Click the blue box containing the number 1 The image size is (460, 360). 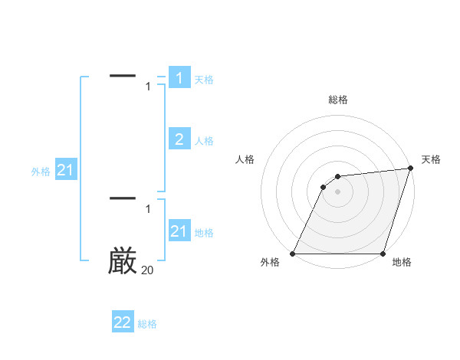point(179,78)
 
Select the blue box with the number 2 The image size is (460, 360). point(179,139)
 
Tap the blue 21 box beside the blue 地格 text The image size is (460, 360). point(179,231)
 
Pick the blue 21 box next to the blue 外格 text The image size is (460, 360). point(65,171)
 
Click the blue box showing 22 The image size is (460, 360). point(123,322)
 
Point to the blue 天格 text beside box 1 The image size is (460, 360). point(204,80)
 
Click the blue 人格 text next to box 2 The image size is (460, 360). point(204,141)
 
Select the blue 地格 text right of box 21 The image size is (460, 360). point(204,233)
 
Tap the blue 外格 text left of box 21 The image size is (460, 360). point(41,172)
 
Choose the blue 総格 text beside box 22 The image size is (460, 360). point(147,324)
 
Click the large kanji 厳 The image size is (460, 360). point(123,260)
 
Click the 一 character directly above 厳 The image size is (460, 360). point(123,198)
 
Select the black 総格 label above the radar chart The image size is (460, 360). point(338,100)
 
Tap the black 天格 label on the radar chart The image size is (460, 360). point(431,159)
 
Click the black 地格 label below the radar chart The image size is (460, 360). point(402,263)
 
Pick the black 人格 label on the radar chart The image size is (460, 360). point(245,159)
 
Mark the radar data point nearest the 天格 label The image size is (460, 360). point(411,169)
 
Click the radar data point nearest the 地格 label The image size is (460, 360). point(383,254)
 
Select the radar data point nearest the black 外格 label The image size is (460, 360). point(293,254)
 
